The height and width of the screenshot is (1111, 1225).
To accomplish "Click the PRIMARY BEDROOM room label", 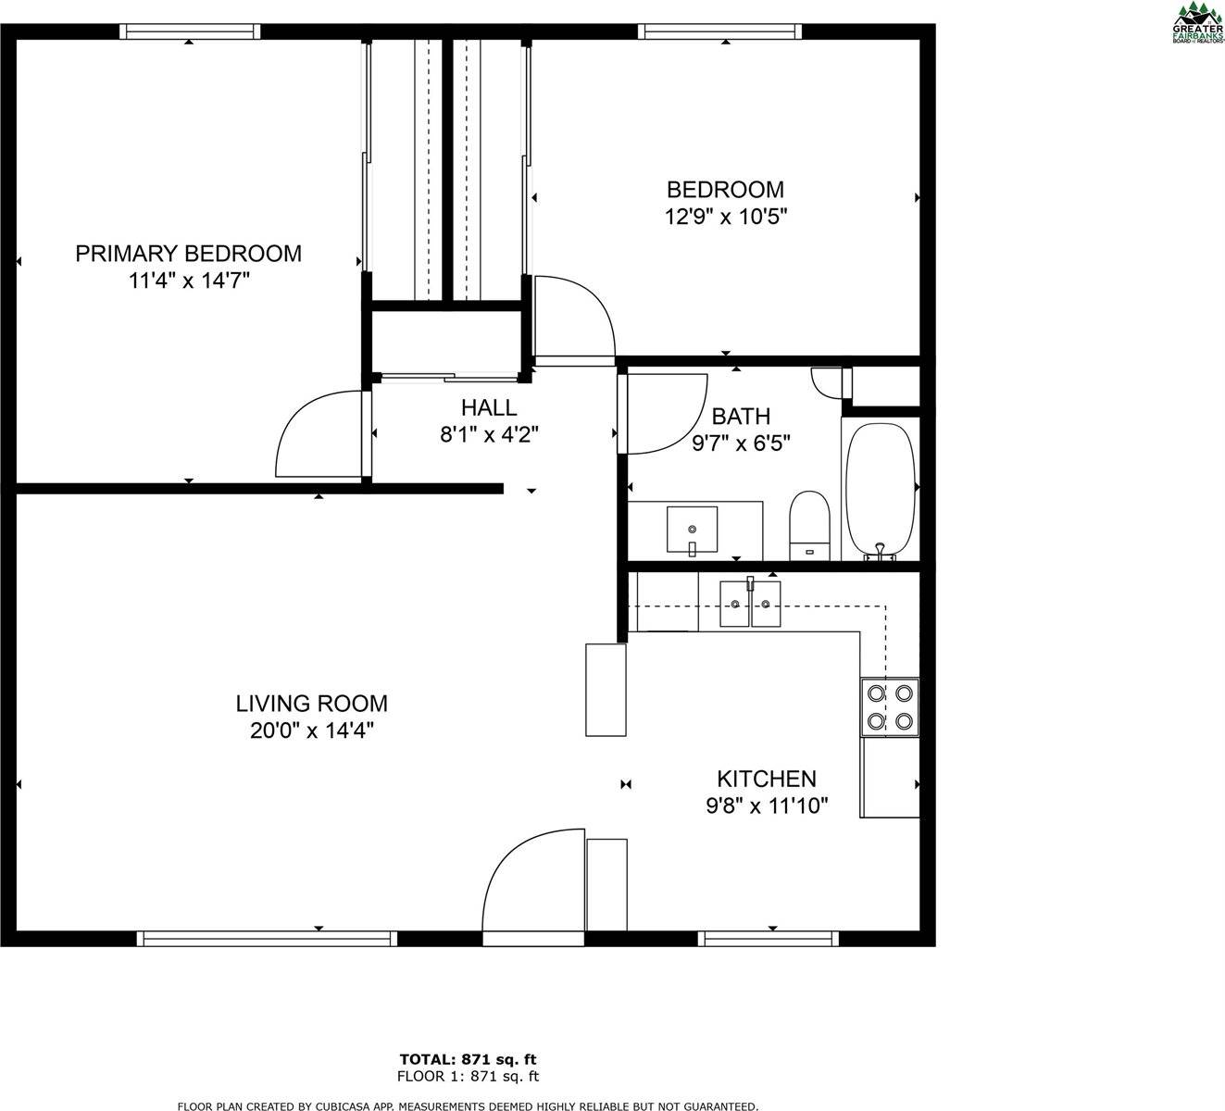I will coord(188,254).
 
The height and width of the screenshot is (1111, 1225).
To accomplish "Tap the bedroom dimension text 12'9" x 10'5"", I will coord(726,218).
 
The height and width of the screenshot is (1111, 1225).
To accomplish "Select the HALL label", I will coord(489,407).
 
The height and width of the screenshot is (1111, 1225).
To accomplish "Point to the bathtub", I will coord(880,490).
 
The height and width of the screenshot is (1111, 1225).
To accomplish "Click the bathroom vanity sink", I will coord(692,530).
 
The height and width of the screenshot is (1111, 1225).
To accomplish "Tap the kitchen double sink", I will coord(750,604).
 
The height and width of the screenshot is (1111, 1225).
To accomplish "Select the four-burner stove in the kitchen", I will coord(890,706).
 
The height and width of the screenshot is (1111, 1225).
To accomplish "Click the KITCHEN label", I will coord(767,779).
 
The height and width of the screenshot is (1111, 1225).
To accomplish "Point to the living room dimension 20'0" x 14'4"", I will coord(311,730).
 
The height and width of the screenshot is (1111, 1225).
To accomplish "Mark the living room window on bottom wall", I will coord(267,938).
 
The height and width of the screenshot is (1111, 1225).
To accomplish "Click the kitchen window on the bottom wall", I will coord(769,938).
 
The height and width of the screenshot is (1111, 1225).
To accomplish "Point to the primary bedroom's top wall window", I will coord(190,31).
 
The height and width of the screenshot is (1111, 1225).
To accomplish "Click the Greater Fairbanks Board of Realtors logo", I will coord(1197,23).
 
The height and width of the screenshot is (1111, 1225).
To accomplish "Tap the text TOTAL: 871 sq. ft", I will coord(468,1058).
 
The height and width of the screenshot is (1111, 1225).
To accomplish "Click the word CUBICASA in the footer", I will coord(346,1105).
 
